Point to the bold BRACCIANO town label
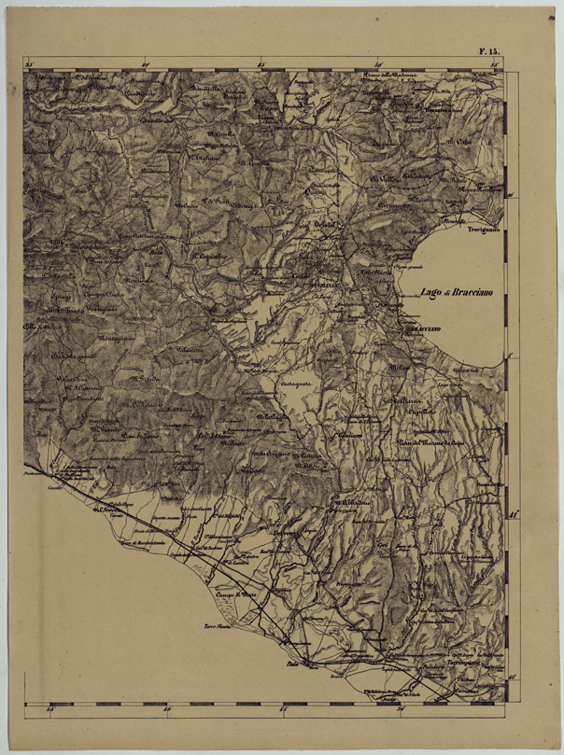tap(422, 329)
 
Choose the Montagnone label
tap(117, 338)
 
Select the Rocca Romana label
tap(479, 188)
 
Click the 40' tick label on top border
tap(145, 64)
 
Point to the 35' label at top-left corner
tap(28, 64)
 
